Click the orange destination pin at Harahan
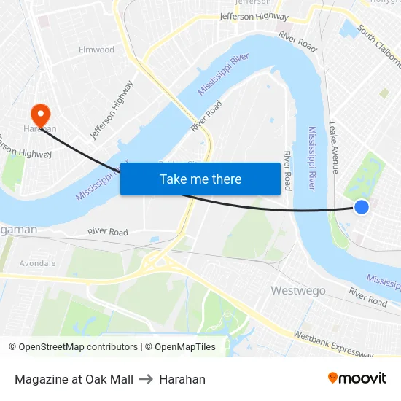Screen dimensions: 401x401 pos(39,113)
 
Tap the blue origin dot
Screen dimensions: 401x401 pos(361,208)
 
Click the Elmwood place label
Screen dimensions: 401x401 pos(96,50)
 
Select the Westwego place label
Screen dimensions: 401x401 pos(298,290)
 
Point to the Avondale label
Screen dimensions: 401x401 pos(37,263)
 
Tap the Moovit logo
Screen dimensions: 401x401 pos(357,378)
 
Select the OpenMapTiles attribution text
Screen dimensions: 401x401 pos(183,347)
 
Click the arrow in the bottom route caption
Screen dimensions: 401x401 pos(146,379)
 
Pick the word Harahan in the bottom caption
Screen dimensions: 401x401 pos(182,379)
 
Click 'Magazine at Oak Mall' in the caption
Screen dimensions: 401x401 pos(74,379)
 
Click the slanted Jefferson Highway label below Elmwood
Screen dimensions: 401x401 pos(112,109)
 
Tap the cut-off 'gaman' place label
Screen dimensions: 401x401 pos(18,230)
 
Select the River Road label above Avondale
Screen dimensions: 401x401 pos(108,232)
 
